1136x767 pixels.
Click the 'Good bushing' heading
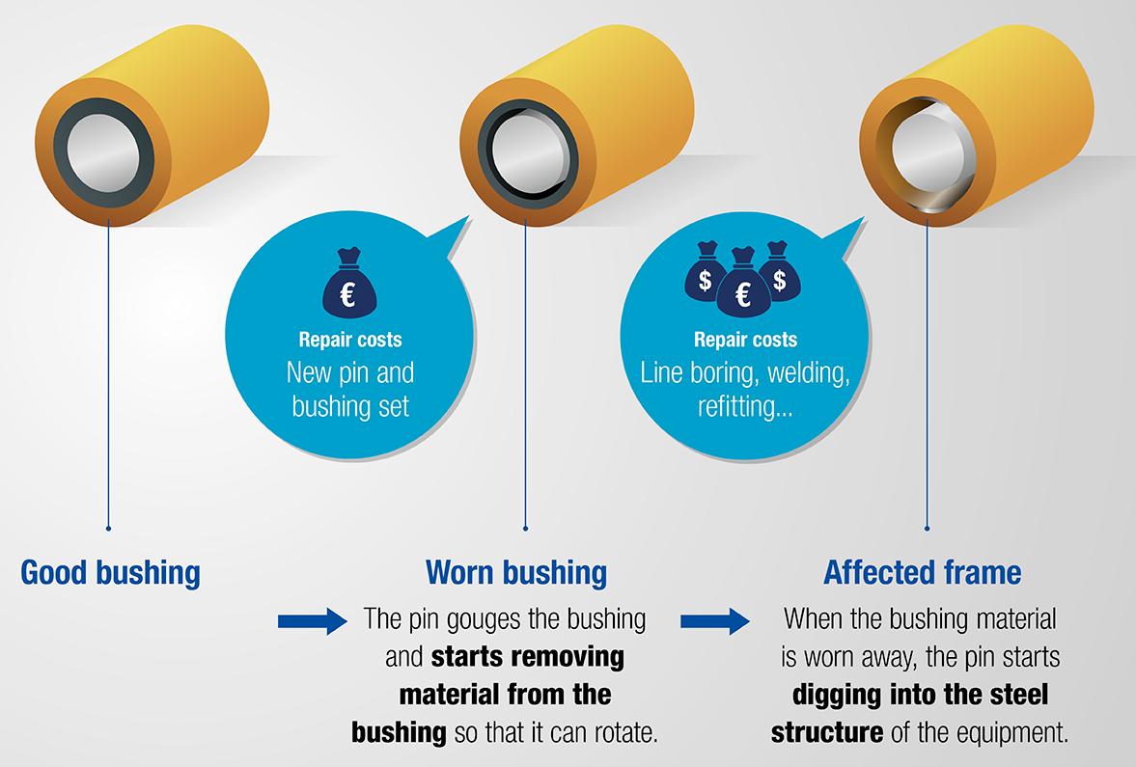click(x=110, y=573)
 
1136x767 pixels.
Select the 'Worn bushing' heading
click(x=516, y=573)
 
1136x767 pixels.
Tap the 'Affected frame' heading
click(x=922, y=573)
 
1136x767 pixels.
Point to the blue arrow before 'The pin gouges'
click(x=311, y=620)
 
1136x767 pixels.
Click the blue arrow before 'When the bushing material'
click(x=714, y=620)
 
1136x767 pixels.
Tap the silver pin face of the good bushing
click(x=104, y=158)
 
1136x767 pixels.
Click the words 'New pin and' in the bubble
click(x=349, y=371)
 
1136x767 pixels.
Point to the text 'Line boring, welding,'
click(x=745, y=372)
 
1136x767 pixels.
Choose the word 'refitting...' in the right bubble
click(x=744, y=405)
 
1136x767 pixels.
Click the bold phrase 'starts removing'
click(x=527, y=658)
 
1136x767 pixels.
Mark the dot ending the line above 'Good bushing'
click(x=109, y=528)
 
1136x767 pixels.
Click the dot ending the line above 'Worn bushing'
click(x=526, y=528)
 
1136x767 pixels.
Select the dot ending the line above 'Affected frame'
click(x=927, y=528)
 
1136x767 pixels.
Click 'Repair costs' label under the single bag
click(x=349, y=340)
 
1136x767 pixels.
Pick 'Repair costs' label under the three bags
click(x=745, y=340)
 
